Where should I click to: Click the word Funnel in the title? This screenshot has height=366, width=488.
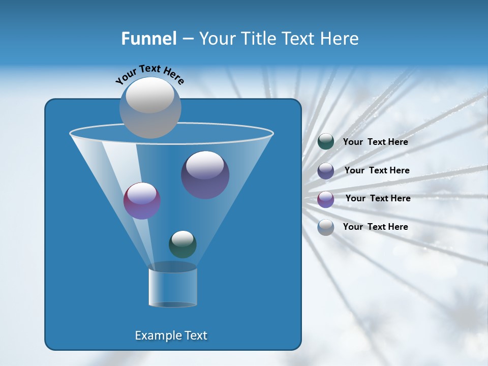[x=148, y=39]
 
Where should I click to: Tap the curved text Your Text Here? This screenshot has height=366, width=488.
[x=150, y=74]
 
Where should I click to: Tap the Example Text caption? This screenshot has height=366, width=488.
[x=171, y=335]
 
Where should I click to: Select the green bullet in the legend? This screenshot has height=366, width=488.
[x=326, y=142]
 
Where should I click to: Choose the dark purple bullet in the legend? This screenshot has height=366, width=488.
[x=326, y=171]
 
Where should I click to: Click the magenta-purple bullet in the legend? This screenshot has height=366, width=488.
[x=326, y=199]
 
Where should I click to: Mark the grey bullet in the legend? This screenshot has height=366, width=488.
[x=326, y=227]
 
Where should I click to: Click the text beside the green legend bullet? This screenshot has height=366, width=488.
[x=375, y=142]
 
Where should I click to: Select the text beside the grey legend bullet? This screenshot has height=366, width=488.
[x=375, y=227]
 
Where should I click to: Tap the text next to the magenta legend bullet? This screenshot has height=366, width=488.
[x=378, y=198]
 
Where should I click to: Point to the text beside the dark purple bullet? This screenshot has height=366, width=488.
[x=377, y=170]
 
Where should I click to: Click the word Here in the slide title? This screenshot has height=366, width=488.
[x=340, y=39]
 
